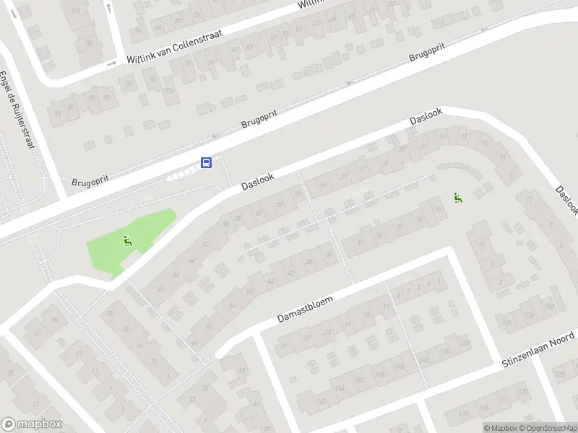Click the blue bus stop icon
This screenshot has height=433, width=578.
[207, 162]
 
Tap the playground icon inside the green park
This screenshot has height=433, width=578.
[128, 241]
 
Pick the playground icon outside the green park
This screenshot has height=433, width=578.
[457, 196]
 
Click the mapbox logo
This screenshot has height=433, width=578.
[32, 424]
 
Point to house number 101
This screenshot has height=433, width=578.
[76, 12]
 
